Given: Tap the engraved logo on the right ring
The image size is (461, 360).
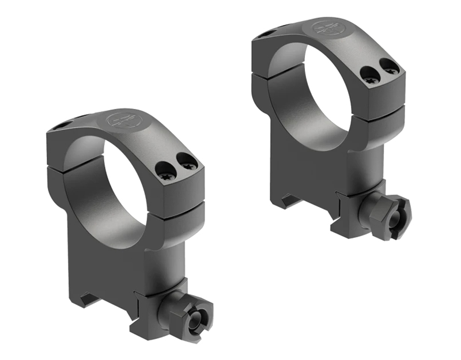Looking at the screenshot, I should pos(326,29).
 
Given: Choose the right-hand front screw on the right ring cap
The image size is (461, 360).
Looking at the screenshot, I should pos(391,67).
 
